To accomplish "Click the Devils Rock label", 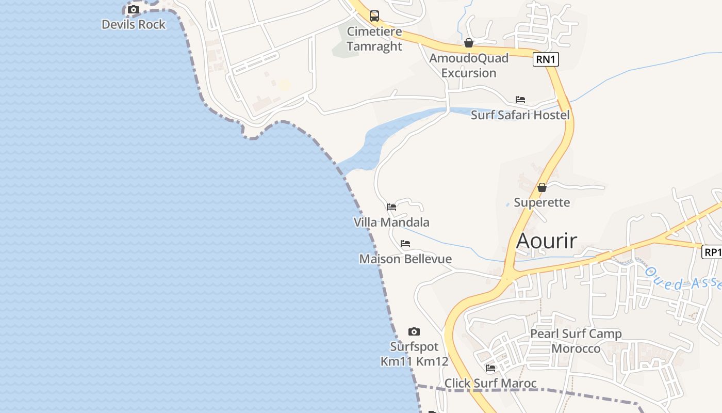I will pos(134,24).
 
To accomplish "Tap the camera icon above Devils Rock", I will pos(134,9).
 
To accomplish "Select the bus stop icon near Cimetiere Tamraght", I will pos(374,16).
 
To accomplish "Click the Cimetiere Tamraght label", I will pos(374,39).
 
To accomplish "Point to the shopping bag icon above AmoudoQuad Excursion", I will pos(469,43).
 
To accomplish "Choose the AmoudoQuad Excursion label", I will pos(469,66).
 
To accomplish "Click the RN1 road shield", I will pos(546,59).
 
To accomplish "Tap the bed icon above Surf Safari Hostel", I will pos(520,100).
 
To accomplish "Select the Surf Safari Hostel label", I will pos(520,115).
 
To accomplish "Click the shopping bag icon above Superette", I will pos(542,187).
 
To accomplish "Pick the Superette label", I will pos(542,202).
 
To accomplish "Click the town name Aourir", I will pos(547,241).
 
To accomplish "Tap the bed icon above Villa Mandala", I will pos(391,207).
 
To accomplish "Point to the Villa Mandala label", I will pos(391,223).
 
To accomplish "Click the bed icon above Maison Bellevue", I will pos(405,244).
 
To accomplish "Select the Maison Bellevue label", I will pos(405,259).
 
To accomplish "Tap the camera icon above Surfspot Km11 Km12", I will pos(414,331).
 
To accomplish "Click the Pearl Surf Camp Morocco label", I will pos(576,341).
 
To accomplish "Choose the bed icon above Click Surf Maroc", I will pos(490,368).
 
